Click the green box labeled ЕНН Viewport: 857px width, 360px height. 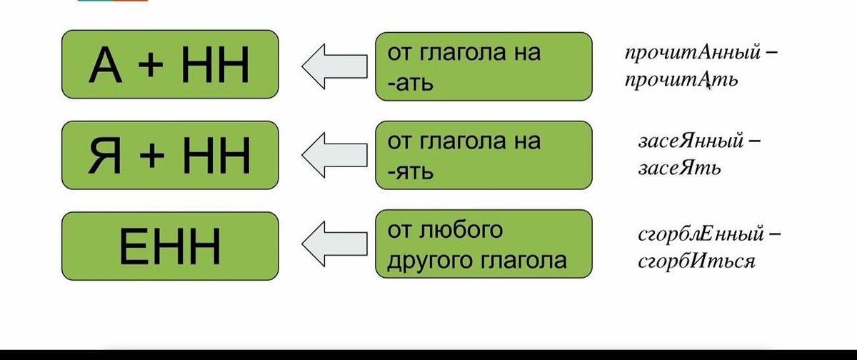(170, 246)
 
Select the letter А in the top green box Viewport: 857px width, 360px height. (105, 66)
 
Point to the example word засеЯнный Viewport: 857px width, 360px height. (690, 141)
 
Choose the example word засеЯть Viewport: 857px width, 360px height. (678, 168)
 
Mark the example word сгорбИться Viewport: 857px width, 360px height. (696, 261)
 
